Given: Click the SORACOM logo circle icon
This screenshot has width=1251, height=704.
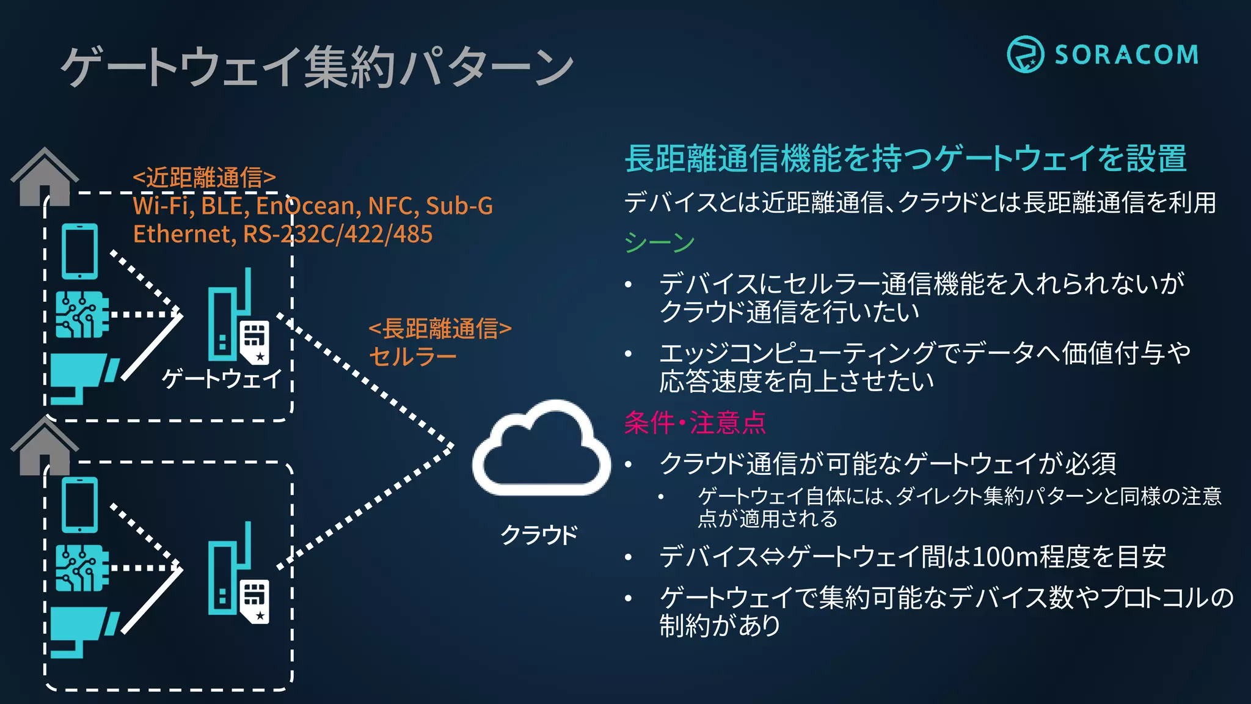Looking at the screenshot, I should [x=1025, y=54].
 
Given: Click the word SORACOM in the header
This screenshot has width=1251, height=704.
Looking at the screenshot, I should [x=1126, y=55].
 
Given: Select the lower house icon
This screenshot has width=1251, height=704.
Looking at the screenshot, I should [x=44, y=446].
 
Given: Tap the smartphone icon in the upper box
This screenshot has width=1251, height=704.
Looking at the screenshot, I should [x=80, y=251].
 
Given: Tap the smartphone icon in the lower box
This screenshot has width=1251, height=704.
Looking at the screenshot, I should [x=80, y=505].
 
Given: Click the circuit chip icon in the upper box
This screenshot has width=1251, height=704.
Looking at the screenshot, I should [x=82, y=315].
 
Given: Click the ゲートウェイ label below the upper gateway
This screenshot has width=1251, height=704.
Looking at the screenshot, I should [x=222, y=378].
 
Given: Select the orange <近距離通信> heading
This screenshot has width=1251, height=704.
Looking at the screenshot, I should [x=205, y=178].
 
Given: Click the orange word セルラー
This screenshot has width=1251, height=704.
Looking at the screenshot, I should [x=413, y=356].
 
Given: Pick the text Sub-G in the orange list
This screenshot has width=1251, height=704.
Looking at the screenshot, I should [x=459, y=206].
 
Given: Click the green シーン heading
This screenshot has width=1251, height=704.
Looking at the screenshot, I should [x=659, y=243].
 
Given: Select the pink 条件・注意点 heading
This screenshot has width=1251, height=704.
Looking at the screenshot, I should [x=695, y=422].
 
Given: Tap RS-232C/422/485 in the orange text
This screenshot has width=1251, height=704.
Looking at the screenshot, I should [x=338, y=234].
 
